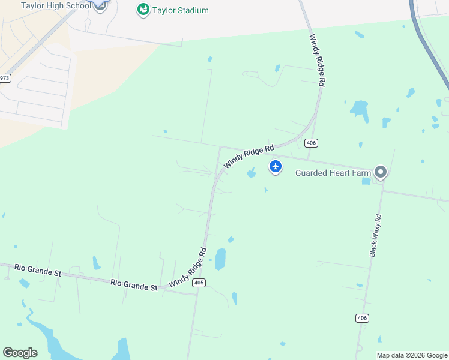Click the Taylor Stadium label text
pyautogui.click(x=180, y=10)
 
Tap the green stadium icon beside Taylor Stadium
pyautogui.click(x=143, y=10)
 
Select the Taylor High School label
pyautogui.click(x=56, y=5)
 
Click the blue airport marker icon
pyautogui.click(x=276, y=166)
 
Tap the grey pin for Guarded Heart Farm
pyautogui.click(x=380, y=173)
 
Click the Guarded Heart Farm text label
pyautogui.click(x=333, y=173)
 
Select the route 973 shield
pyautogui.click(x=5, y=78)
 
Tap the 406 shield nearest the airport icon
pyautogui.click(x=310, y=143)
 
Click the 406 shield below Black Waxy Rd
pyautogui.click(x=361, y=318)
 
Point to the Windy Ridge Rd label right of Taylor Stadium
pyautogui.click(x=317, y=61)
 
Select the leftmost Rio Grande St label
pyautogui.click(x=38, y=269)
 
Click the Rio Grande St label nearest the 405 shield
pyautogui.click(x=134, y=284)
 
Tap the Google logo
pyautogui.click(x=20, y=353)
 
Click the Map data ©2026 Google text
pyautogui.click(x=412, y=355)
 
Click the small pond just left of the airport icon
pyautogui.click(x=251, y=174)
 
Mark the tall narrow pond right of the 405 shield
pyautogui.click(x=220, y=259)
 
